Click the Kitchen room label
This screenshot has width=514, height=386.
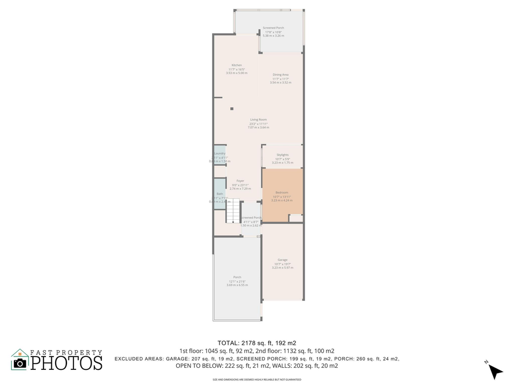click(x=236, y=65)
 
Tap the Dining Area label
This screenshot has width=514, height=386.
click(x=281, y=75)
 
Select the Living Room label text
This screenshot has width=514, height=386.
click(x=258, y=120)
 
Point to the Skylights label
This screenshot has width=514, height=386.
click(x=282, y=155)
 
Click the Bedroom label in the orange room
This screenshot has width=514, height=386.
click(x=282, y=192)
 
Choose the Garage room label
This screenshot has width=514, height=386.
click(x=282, y=260)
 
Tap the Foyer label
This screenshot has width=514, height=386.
click(x=240, y=181)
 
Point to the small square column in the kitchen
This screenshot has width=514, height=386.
click(x=232, y=109)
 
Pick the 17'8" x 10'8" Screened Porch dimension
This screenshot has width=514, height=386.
click(x=273, y=32)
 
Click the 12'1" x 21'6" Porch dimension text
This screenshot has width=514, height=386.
click(x=237, y=281)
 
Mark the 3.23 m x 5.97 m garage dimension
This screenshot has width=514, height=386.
click(x=282, y=268)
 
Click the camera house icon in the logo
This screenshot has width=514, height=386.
click(x=20, y=360)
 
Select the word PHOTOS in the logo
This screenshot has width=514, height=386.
click(x=66, y=362)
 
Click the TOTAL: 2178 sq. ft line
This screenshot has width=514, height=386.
click(x=256, y=343)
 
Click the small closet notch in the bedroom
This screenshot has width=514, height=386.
click(x=296, y=218)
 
